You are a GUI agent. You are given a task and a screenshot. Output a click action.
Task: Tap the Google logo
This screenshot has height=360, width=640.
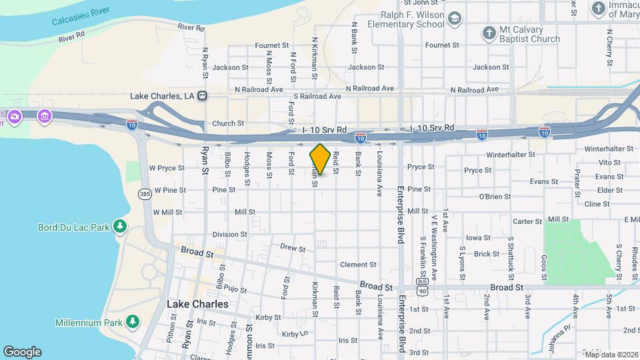coord(22,352)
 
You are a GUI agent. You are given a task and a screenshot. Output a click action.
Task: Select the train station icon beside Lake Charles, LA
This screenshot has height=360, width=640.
coord(202,96)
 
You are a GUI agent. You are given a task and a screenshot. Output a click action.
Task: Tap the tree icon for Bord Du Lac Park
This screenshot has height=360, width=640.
coord(120,227)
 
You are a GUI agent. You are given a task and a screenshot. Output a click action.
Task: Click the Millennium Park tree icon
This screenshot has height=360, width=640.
coord(133,323)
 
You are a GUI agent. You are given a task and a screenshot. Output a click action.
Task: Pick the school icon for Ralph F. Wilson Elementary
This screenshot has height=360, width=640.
coord(455,19)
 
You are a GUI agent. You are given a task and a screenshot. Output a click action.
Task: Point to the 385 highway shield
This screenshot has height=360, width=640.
coord(145,194)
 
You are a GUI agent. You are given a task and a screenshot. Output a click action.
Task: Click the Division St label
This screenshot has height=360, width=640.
coord(230,235)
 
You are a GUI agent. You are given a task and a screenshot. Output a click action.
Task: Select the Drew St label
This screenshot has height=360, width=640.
coord(293,248)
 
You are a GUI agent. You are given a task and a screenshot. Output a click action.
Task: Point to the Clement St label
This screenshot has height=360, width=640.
coord(353,265)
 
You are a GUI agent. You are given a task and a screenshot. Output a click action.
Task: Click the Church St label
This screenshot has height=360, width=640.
coord(228,123)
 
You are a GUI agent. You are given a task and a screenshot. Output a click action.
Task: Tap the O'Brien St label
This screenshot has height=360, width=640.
coord(495,197)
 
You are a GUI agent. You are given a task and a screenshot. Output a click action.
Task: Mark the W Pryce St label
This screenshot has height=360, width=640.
coord(167,168)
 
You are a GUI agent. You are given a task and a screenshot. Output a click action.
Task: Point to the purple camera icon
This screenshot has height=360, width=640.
coord(13,117)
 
